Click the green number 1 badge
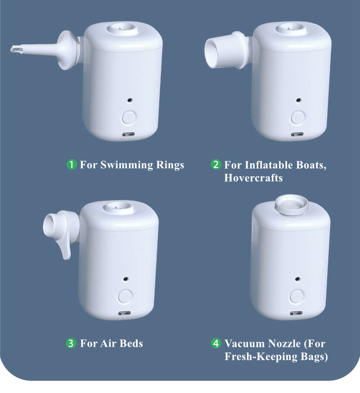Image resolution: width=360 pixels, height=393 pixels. coord(72,165)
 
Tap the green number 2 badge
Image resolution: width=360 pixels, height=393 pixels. coord(216,165)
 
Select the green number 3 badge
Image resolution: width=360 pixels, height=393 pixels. coord(71,343)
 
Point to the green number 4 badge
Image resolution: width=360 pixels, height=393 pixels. coord(216,343)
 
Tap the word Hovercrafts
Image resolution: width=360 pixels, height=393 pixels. coord(253,178)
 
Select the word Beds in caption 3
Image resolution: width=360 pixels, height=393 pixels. coord(131,344)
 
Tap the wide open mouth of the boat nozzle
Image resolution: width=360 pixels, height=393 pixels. coord(211,53)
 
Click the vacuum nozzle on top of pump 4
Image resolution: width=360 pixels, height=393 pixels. coord(292,206)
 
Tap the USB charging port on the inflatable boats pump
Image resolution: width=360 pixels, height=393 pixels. coord(297,134)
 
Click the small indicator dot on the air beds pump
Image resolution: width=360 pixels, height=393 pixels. coord(125,279)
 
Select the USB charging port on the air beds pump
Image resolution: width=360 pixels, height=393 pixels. coord(125,313)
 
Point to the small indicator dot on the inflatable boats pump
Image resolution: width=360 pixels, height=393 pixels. coord(298,100)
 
